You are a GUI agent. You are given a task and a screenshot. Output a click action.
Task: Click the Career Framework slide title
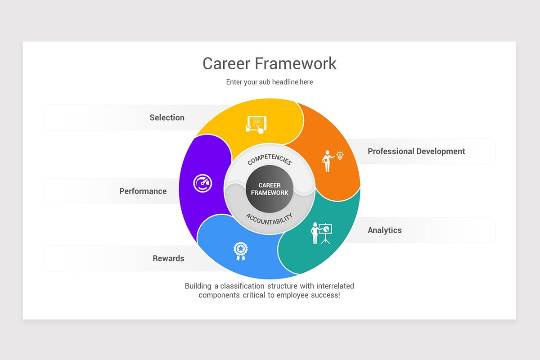(x=269, y=63)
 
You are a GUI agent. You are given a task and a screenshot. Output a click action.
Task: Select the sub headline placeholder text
(x=269, y=82)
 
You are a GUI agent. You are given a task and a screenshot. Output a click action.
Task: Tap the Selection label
(x=167, y=117)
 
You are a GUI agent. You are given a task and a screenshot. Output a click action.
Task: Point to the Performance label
(x=143, y=191)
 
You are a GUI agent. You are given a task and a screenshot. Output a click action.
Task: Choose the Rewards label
(x=168, y=258)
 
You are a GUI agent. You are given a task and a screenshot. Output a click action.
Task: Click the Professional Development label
(x=416, y=151)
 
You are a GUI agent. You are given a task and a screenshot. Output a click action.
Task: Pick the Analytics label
(x=384, y=230)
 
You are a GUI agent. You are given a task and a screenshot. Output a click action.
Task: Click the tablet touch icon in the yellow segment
(x=256, y=124)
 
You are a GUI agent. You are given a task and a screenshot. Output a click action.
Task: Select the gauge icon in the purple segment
(x=202, y=184)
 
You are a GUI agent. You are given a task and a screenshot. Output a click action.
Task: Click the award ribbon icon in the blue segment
(x=241, y=251)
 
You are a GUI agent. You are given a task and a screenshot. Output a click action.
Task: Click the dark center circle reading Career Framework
(x=270, y=189)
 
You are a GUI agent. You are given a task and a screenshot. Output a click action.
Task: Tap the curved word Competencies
(x=270, y=160)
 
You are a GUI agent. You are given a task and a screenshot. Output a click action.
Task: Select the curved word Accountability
(x=269, y=219)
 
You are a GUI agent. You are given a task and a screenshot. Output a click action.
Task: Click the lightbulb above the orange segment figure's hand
(x=340, y=155)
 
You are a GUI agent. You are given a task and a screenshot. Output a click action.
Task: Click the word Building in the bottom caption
(x=198, y=286)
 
